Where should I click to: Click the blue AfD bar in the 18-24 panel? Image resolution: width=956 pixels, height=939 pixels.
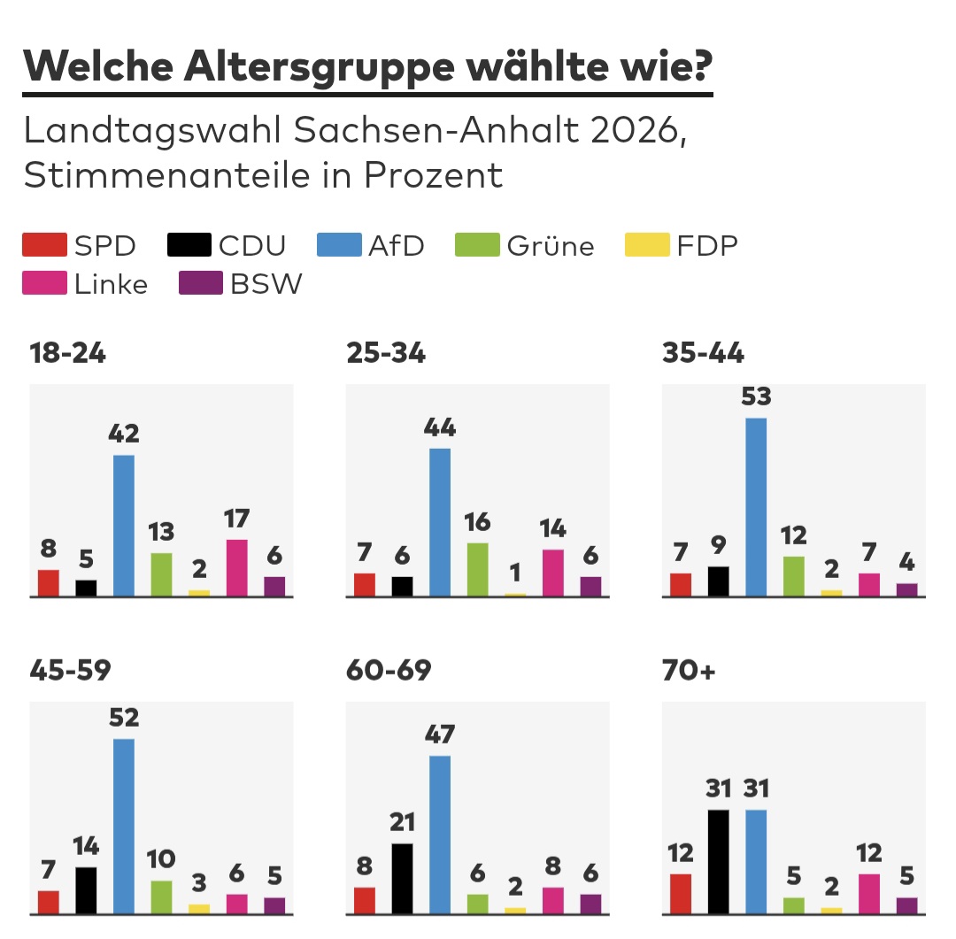pyautogui.click(x=124, y=525)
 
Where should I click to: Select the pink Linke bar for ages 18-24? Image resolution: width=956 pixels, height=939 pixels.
pyautogui.click(x=237, y=567)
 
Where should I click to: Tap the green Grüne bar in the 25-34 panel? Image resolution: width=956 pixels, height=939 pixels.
pyautogui.click(x=477, y=569)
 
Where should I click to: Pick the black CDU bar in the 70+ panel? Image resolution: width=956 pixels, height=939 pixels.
pyautogui.click(x=718, y=862)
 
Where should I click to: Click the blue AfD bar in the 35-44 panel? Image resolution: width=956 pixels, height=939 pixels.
pyautogui.click(x=756, y=507)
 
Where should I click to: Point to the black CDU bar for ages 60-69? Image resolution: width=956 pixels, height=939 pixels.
pyautogui.click(x=402, y=879)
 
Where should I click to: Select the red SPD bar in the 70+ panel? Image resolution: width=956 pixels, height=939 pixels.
pyautogui.click(x=681, y=894)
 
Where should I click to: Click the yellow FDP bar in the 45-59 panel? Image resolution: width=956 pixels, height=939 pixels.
pyautogui.click(x=199, y=909)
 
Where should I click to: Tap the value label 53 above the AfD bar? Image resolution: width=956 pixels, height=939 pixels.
pyautogui.click(x=756, y=397)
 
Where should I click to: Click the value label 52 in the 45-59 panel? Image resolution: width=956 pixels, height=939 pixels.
pyautogui.click(x=124, y=718)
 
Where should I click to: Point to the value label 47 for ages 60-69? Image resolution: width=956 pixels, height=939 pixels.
pyautogui.click(x=440, y=735)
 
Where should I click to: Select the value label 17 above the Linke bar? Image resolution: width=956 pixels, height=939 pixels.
pyautogui.click(x=236, y=519)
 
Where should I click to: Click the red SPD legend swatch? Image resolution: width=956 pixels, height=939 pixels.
pyautogui.click(x=44, y=244)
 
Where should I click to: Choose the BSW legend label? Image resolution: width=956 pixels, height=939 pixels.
pyautogui.click(x=266, y=284)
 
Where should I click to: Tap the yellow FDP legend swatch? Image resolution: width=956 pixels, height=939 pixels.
pyautogui.click(x=647, y=244)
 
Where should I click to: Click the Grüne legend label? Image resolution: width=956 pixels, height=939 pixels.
pyautogui.click(x=550, y=246)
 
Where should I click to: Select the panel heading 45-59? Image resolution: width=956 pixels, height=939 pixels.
pyautogui.click(x=70, y=670)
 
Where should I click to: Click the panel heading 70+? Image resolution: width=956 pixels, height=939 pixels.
pyautogui.click(x=689, y=670)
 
